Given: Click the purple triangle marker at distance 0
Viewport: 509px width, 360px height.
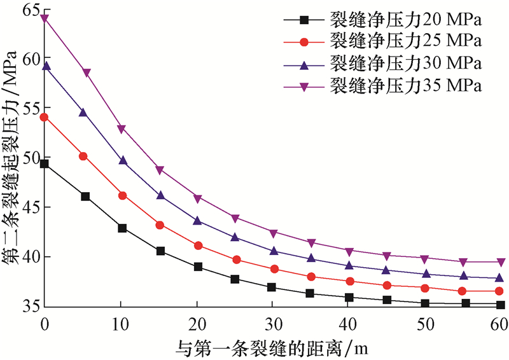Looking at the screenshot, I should pos(45,18).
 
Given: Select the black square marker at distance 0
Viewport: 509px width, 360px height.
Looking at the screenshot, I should pos(45,164).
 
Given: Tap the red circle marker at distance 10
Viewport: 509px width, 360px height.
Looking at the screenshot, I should pos(122,195).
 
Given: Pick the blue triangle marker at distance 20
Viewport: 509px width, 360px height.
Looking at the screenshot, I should pos(198,221).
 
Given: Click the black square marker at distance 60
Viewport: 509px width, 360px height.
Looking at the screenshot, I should pos(501,305).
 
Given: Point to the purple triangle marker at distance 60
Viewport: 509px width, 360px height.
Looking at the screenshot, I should pos(501,262).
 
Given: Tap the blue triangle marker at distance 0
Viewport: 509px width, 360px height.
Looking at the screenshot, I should pos(45,66).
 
